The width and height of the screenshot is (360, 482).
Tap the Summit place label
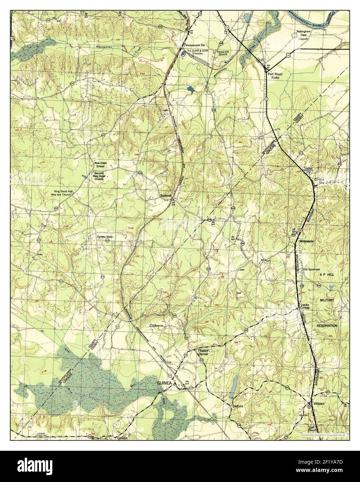point(166,196)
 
